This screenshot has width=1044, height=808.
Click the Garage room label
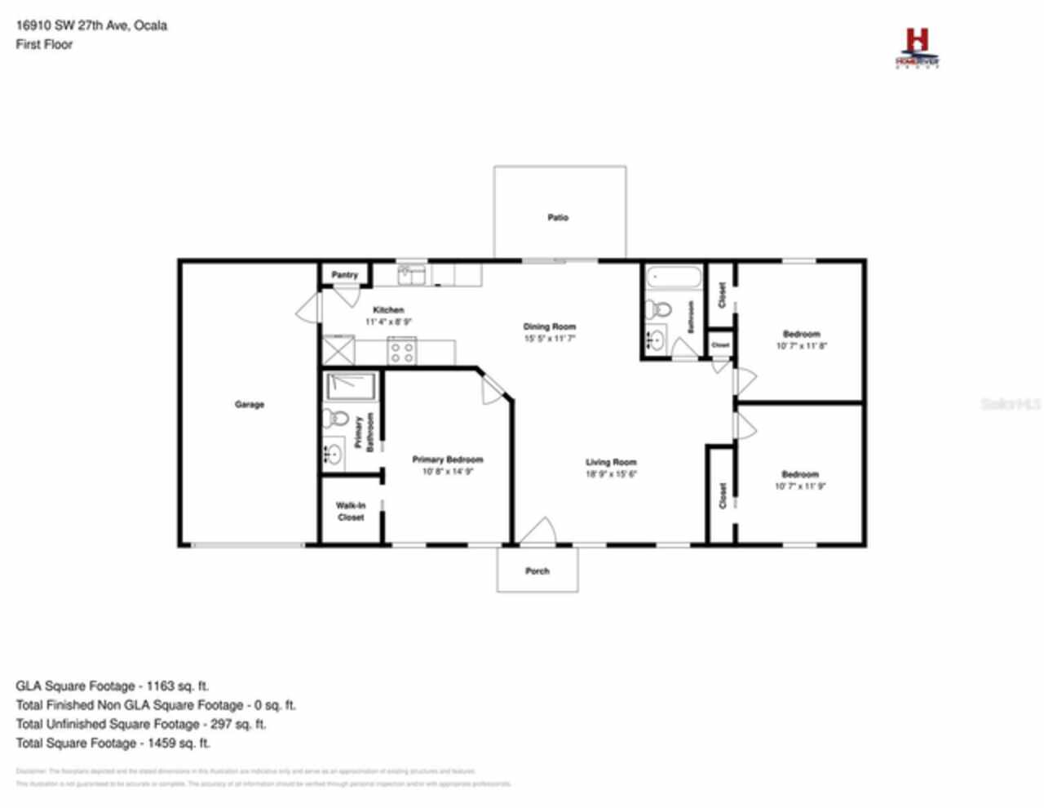tap(249, 404)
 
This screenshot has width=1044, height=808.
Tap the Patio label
tap(558, 218)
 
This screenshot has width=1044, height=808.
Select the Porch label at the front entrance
tap(537, 570)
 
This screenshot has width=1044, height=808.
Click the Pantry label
tap(344, 275)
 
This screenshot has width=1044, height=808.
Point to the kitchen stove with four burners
tap(401, 351)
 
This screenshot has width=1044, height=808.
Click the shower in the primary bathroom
tap(351, 386)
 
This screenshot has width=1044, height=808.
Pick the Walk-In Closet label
tap(351, 511)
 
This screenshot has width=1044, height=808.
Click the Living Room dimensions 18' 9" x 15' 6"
tap(611, 474)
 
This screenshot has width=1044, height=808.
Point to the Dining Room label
tap(549, 326)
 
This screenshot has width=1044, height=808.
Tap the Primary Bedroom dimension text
tap(447, 472)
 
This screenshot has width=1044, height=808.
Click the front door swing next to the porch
tap(538, 531)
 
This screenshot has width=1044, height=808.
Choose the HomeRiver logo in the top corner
tap(918, 48)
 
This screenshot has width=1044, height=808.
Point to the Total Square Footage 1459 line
tap(113, 743)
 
